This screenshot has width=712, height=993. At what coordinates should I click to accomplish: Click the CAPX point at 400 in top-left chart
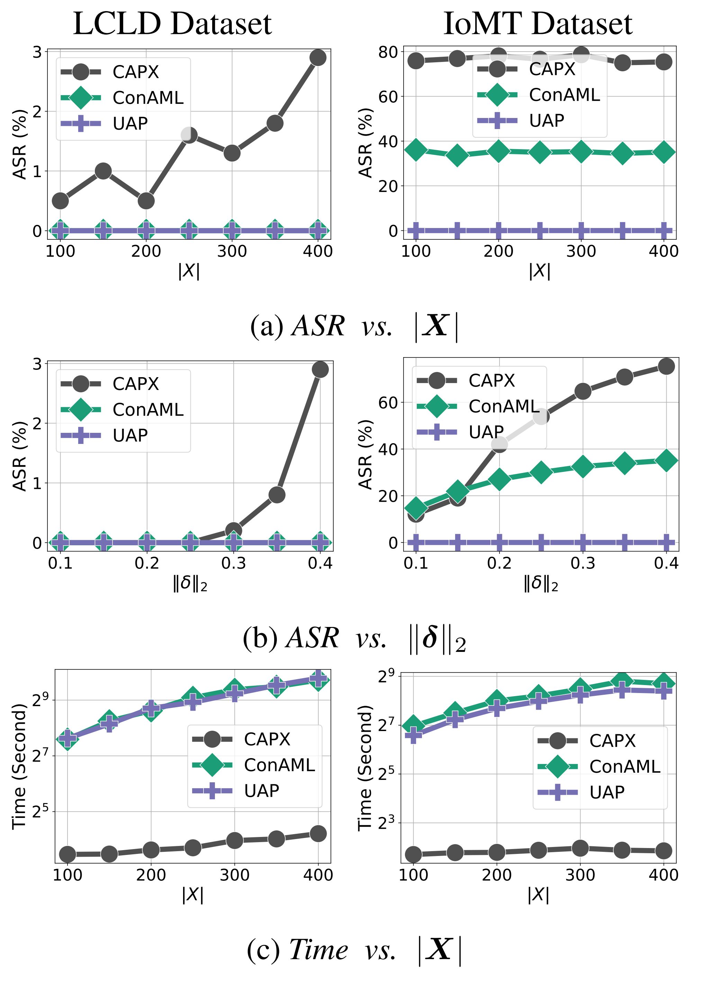click(318, 57)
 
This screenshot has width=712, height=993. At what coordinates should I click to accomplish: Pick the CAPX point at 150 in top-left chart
click(103, 171)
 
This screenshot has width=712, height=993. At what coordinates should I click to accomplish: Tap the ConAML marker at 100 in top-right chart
click(416, 150)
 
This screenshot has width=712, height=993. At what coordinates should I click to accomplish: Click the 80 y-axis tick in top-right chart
click(388, 52)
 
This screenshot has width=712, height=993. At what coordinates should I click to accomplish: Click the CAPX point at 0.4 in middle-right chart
click(666, 366)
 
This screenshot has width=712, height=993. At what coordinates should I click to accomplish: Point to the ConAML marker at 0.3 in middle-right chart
click(583, 466)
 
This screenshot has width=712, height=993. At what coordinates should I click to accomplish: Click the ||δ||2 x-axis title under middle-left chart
click(190, 584)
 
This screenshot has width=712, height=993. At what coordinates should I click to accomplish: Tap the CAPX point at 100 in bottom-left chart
click(67, 854)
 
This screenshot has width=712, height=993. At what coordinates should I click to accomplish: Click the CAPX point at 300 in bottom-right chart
click(580, 848)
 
